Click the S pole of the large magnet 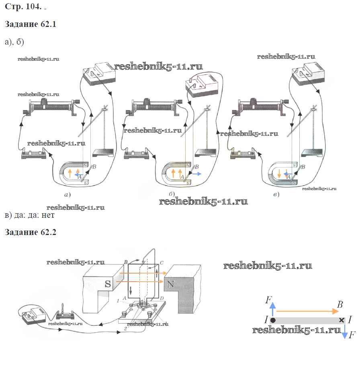click(107, 284)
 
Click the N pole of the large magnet click(170, 284)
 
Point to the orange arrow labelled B click(307, 311)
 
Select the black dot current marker click(273, 320)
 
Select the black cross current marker click(342, 320)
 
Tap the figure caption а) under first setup click(67, 195)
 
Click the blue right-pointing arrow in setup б click(196, 174)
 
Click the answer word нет click(47, 215)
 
